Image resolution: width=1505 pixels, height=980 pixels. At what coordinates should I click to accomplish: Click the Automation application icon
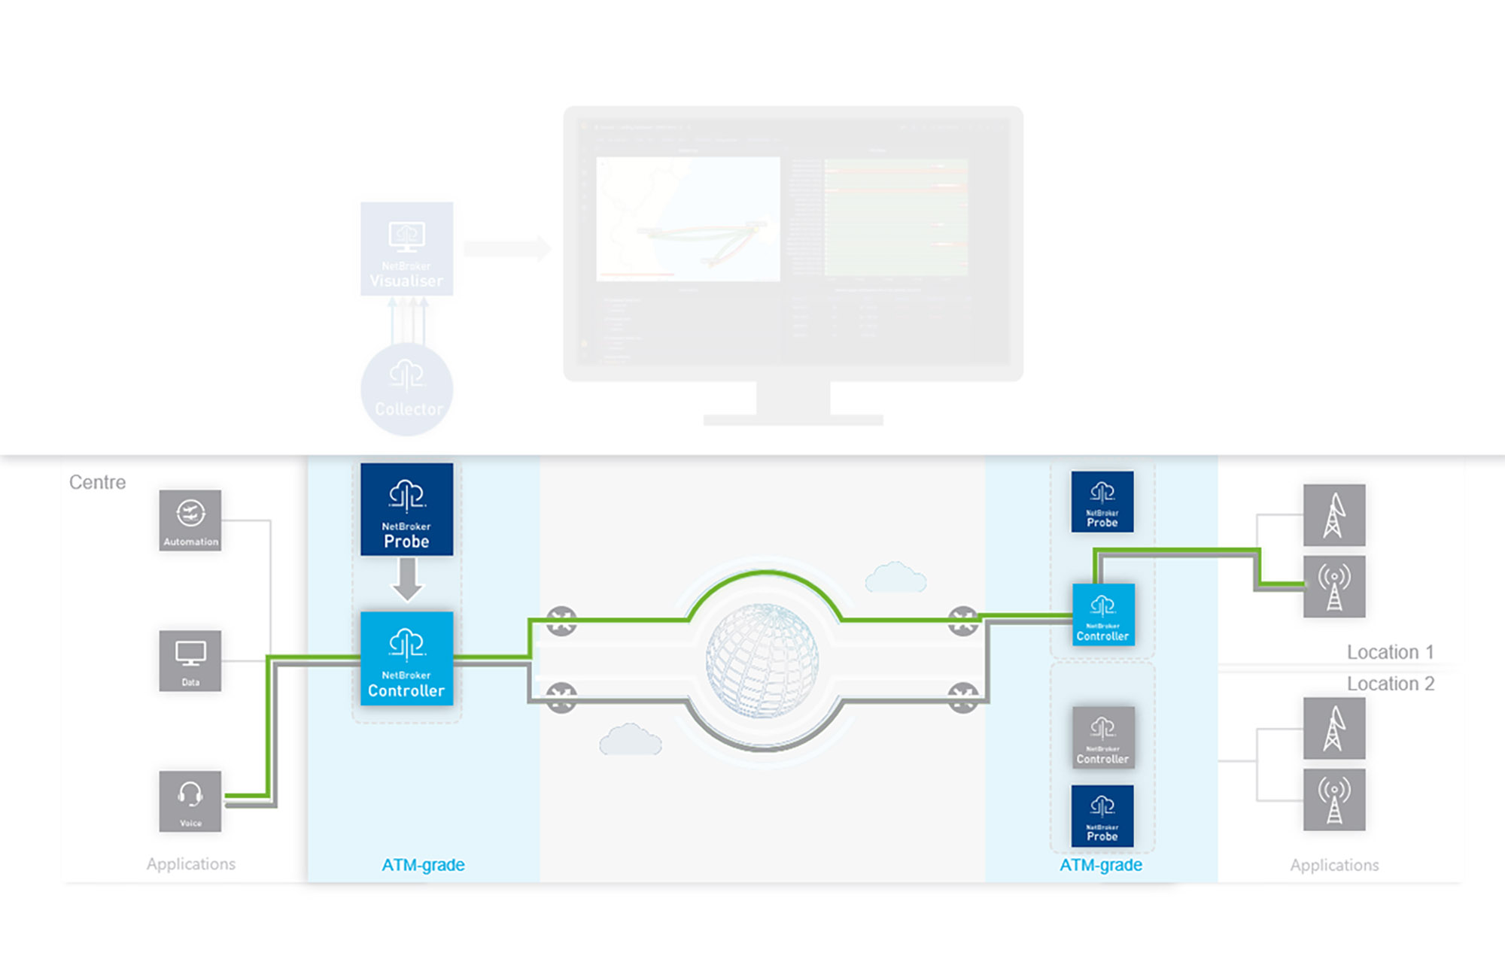point(190,520)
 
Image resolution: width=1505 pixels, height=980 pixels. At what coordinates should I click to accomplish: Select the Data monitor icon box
point(190,660)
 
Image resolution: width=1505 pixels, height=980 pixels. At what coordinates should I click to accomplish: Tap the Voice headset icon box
point(190,801)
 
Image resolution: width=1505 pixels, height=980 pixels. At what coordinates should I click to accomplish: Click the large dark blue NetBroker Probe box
point(406,509)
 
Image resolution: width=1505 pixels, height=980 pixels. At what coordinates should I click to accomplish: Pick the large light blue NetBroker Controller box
point(406,658)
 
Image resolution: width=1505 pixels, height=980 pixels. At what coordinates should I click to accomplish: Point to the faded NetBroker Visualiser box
point(406,248)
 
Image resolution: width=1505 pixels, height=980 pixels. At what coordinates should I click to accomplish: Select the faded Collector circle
point(407,390)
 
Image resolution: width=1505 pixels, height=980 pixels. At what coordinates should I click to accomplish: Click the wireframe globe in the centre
point(762,660)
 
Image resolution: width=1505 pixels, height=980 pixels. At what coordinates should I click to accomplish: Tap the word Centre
point(97,482)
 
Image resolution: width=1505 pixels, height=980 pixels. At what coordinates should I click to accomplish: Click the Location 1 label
point(1390,652)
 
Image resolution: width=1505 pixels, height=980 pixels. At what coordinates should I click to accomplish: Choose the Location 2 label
point(1390,684)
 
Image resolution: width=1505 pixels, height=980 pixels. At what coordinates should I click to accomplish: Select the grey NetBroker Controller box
point(1102,737)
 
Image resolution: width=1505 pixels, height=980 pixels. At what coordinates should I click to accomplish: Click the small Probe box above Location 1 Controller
point(1102,502)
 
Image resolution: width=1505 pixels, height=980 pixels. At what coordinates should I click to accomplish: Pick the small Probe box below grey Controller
point(1102,816)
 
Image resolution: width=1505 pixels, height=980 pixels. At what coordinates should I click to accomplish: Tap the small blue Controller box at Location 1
point(1103,614)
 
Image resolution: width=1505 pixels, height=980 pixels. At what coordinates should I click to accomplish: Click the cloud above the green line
point(895,577)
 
